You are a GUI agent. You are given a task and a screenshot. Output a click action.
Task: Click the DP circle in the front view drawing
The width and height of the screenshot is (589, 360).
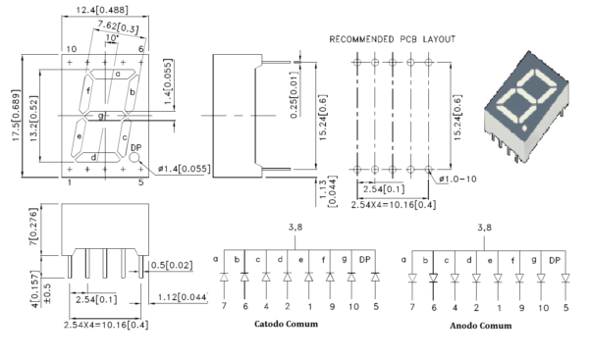[134, 161]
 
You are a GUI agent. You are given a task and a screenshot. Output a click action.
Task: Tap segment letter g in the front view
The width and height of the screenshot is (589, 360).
[101, 116]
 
